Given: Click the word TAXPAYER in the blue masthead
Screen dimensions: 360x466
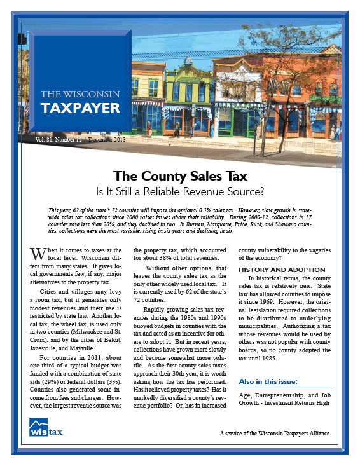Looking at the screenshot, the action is point(80,108).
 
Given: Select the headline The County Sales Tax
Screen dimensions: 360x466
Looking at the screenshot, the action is point(180,176).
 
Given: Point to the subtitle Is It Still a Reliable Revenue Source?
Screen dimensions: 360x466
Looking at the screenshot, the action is point(180,190).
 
